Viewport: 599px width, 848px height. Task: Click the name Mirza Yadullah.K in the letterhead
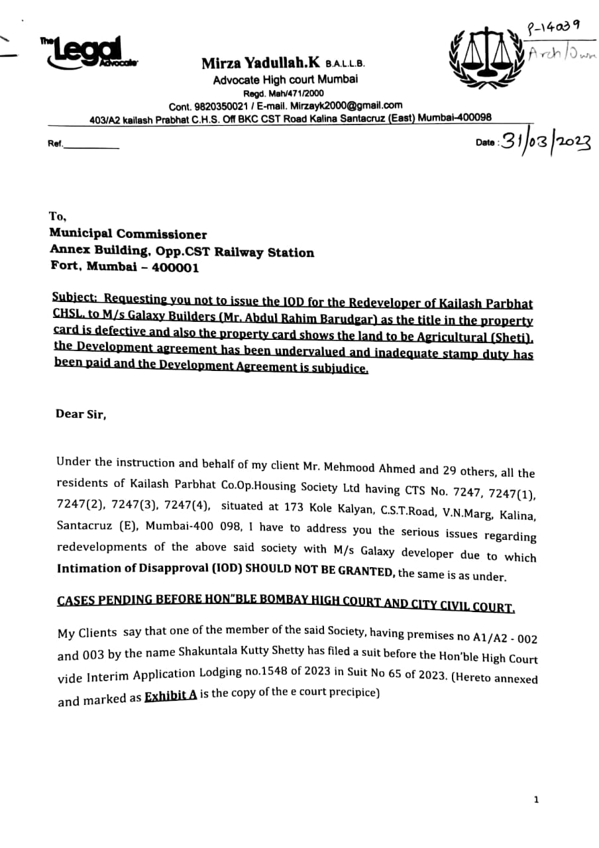[261, 63]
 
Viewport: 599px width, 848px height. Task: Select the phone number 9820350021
[223, 106]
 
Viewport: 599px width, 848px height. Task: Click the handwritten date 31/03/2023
[545, 141]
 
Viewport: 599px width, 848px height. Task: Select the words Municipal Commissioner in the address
[129, 234]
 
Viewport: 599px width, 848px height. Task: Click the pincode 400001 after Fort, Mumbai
[176, 268]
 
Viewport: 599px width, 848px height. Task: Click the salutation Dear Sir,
[81, 414]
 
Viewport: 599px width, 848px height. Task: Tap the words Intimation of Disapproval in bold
[136, 568]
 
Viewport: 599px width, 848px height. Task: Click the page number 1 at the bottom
[535, 800]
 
